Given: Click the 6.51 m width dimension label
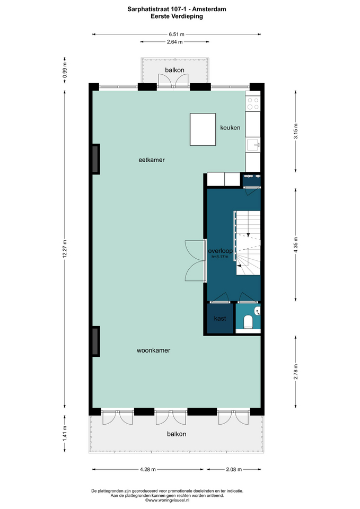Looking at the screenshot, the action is pos(176,34).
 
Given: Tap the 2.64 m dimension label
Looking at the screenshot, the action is pos(174,42).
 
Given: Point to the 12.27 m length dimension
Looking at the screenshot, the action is pos(65,249).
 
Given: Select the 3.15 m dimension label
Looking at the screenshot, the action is pos(295,131).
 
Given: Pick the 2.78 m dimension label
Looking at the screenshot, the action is pos(295,372).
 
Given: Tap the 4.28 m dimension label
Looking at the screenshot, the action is pos(148,469).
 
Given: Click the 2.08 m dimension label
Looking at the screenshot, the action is pos(234,469).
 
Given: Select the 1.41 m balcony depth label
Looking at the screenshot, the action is pos(65,433).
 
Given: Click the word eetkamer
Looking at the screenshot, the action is pos(152,160).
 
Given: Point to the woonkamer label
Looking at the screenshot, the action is pos(154,350).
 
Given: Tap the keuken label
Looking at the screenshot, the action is pos(230,128).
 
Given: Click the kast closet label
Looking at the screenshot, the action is pos(220,319).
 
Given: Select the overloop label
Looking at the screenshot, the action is pos(221,251).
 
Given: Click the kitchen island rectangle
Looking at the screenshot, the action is pos(203,129).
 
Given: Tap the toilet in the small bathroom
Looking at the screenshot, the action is pos(248,321).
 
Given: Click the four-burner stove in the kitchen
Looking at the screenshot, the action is pos(253,103).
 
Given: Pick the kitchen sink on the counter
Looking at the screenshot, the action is pos(253,145).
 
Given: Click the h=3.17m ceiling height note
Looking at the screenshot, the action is pos(220,257).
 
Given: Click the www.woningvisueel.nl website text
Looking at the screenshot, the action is pos(167,500).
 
